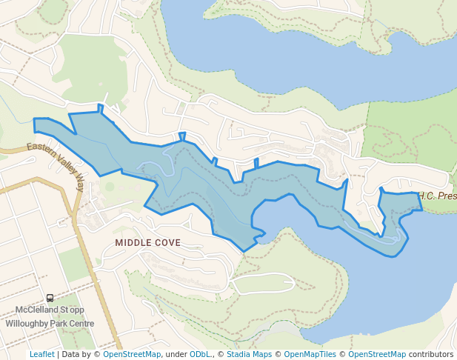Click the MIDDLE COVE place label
(147, 242)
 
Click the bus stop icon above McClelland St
(50, 298)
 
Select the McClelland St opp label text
(50, 310)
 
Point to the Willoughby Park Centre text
(50, 323)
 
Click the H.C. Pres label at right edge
(438, 196)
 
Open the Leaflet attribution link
(41, 354)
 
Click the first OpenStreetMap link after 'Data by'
(132, 354)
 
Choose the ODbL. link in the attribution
(200, 354)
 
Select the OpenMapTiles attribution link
(310, 354)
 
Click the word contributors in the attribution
(431, 354)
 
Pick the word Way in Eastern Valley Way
(80, 182)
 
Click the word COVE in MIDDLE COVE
(167, 242)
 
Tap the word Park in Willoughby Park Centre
(61, 323)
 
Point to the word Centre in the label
(81, 323)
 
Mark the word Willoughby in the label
(27, 323)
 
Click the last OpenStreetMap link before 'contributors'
(377, 354)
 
